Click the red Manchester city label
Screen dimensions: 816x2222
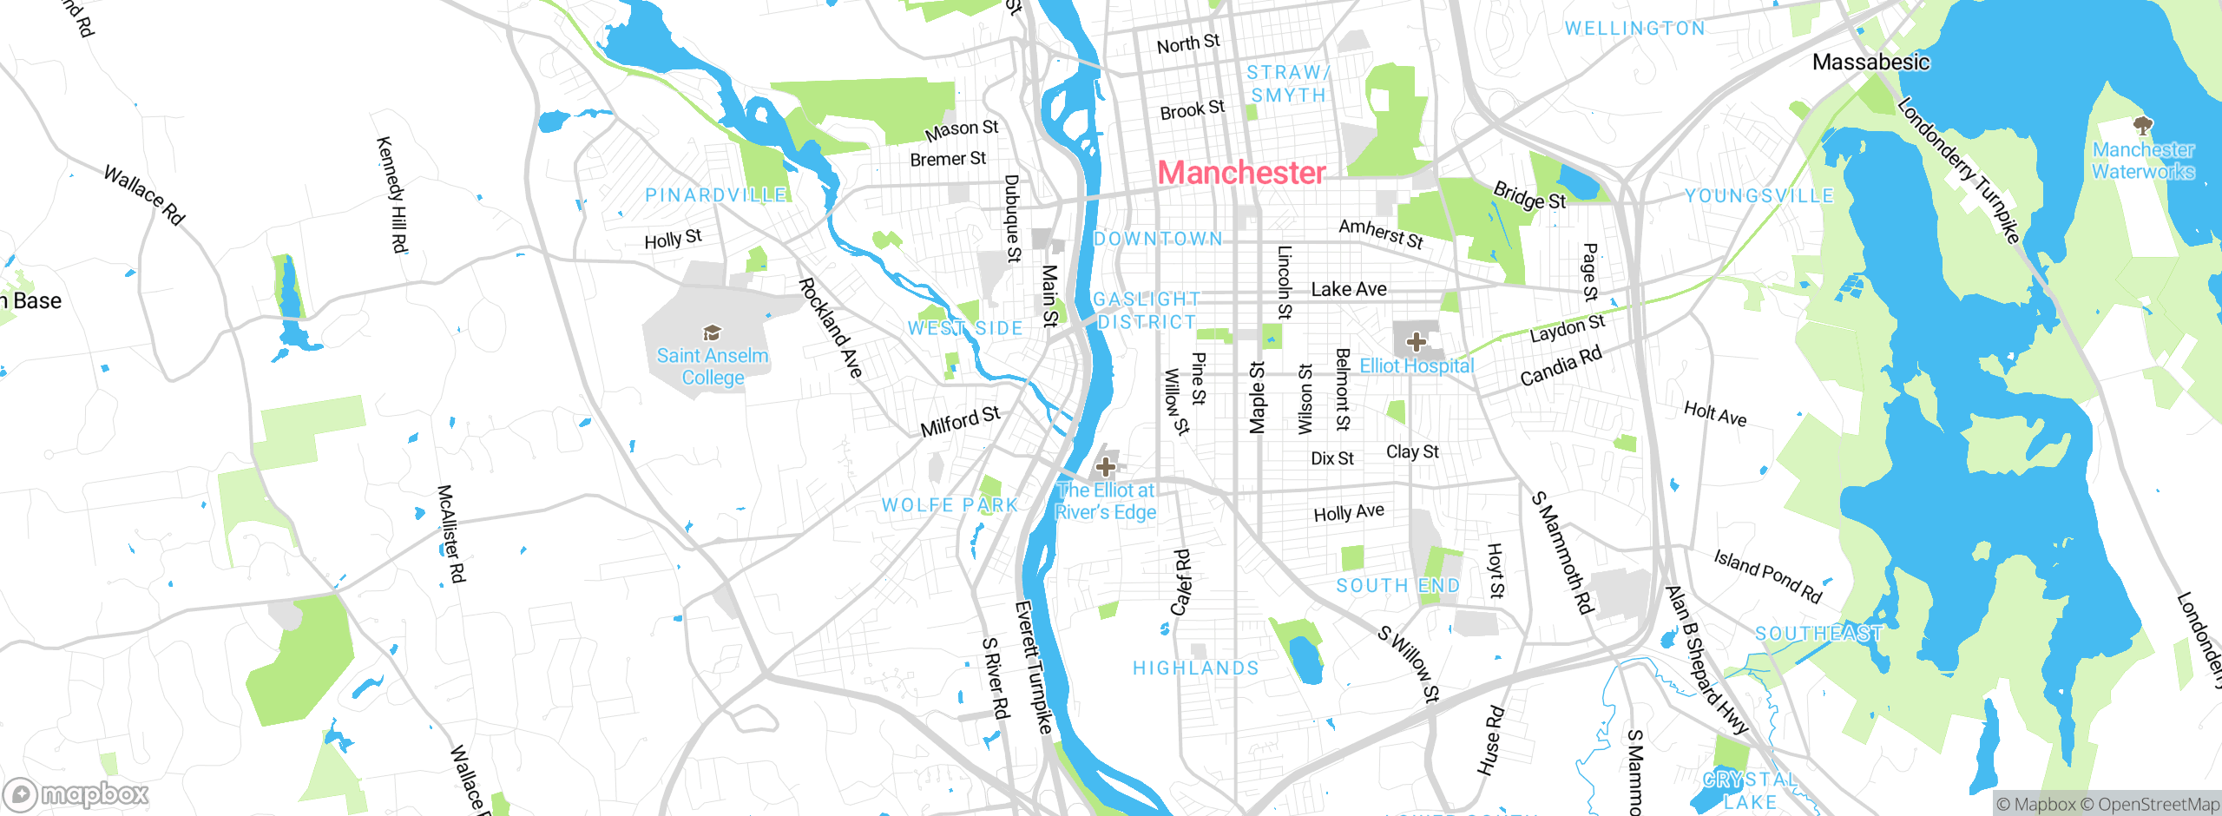coord(1241,173)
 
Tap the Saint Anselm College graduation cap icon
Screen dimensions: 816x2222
coord(712,332)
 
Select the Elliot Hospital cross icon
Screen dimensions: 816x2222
coord(1416,341)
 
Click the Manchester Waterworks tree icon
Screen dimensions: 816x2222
coord(2143,126)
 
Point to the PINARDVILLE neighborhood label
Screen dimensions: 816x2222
coord(715,195)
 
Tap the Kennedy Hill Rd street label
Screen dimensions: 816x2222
coord(392,194)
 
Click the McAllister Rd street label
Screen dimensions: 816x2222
coord(451,534)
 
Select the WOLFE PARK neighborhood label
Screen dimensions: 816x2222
coord(949,505)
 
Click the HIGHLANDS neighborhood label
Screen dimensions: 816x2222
coord(1195,668)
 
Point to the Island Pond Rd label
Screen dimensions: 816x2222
coord(1767,576)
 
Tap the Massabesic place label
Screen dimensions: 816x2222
coord(1870,63)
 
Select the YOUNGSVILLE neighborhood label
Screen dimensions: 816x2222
coord(1759,196)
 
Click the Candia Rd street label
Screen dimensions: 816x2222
coord(1561,366)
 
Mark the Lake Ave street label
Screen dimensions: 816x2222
coord(1348,289)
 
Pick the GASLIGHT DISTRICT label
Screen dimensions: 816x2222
coord(1146,311)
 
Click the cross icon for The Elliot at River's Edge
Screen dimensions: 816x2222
coord(1105,466)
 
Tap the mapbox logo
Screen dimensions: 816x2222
coord(76,794)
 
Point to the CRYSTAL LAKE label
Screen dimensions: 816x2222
coord(1749,791)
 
